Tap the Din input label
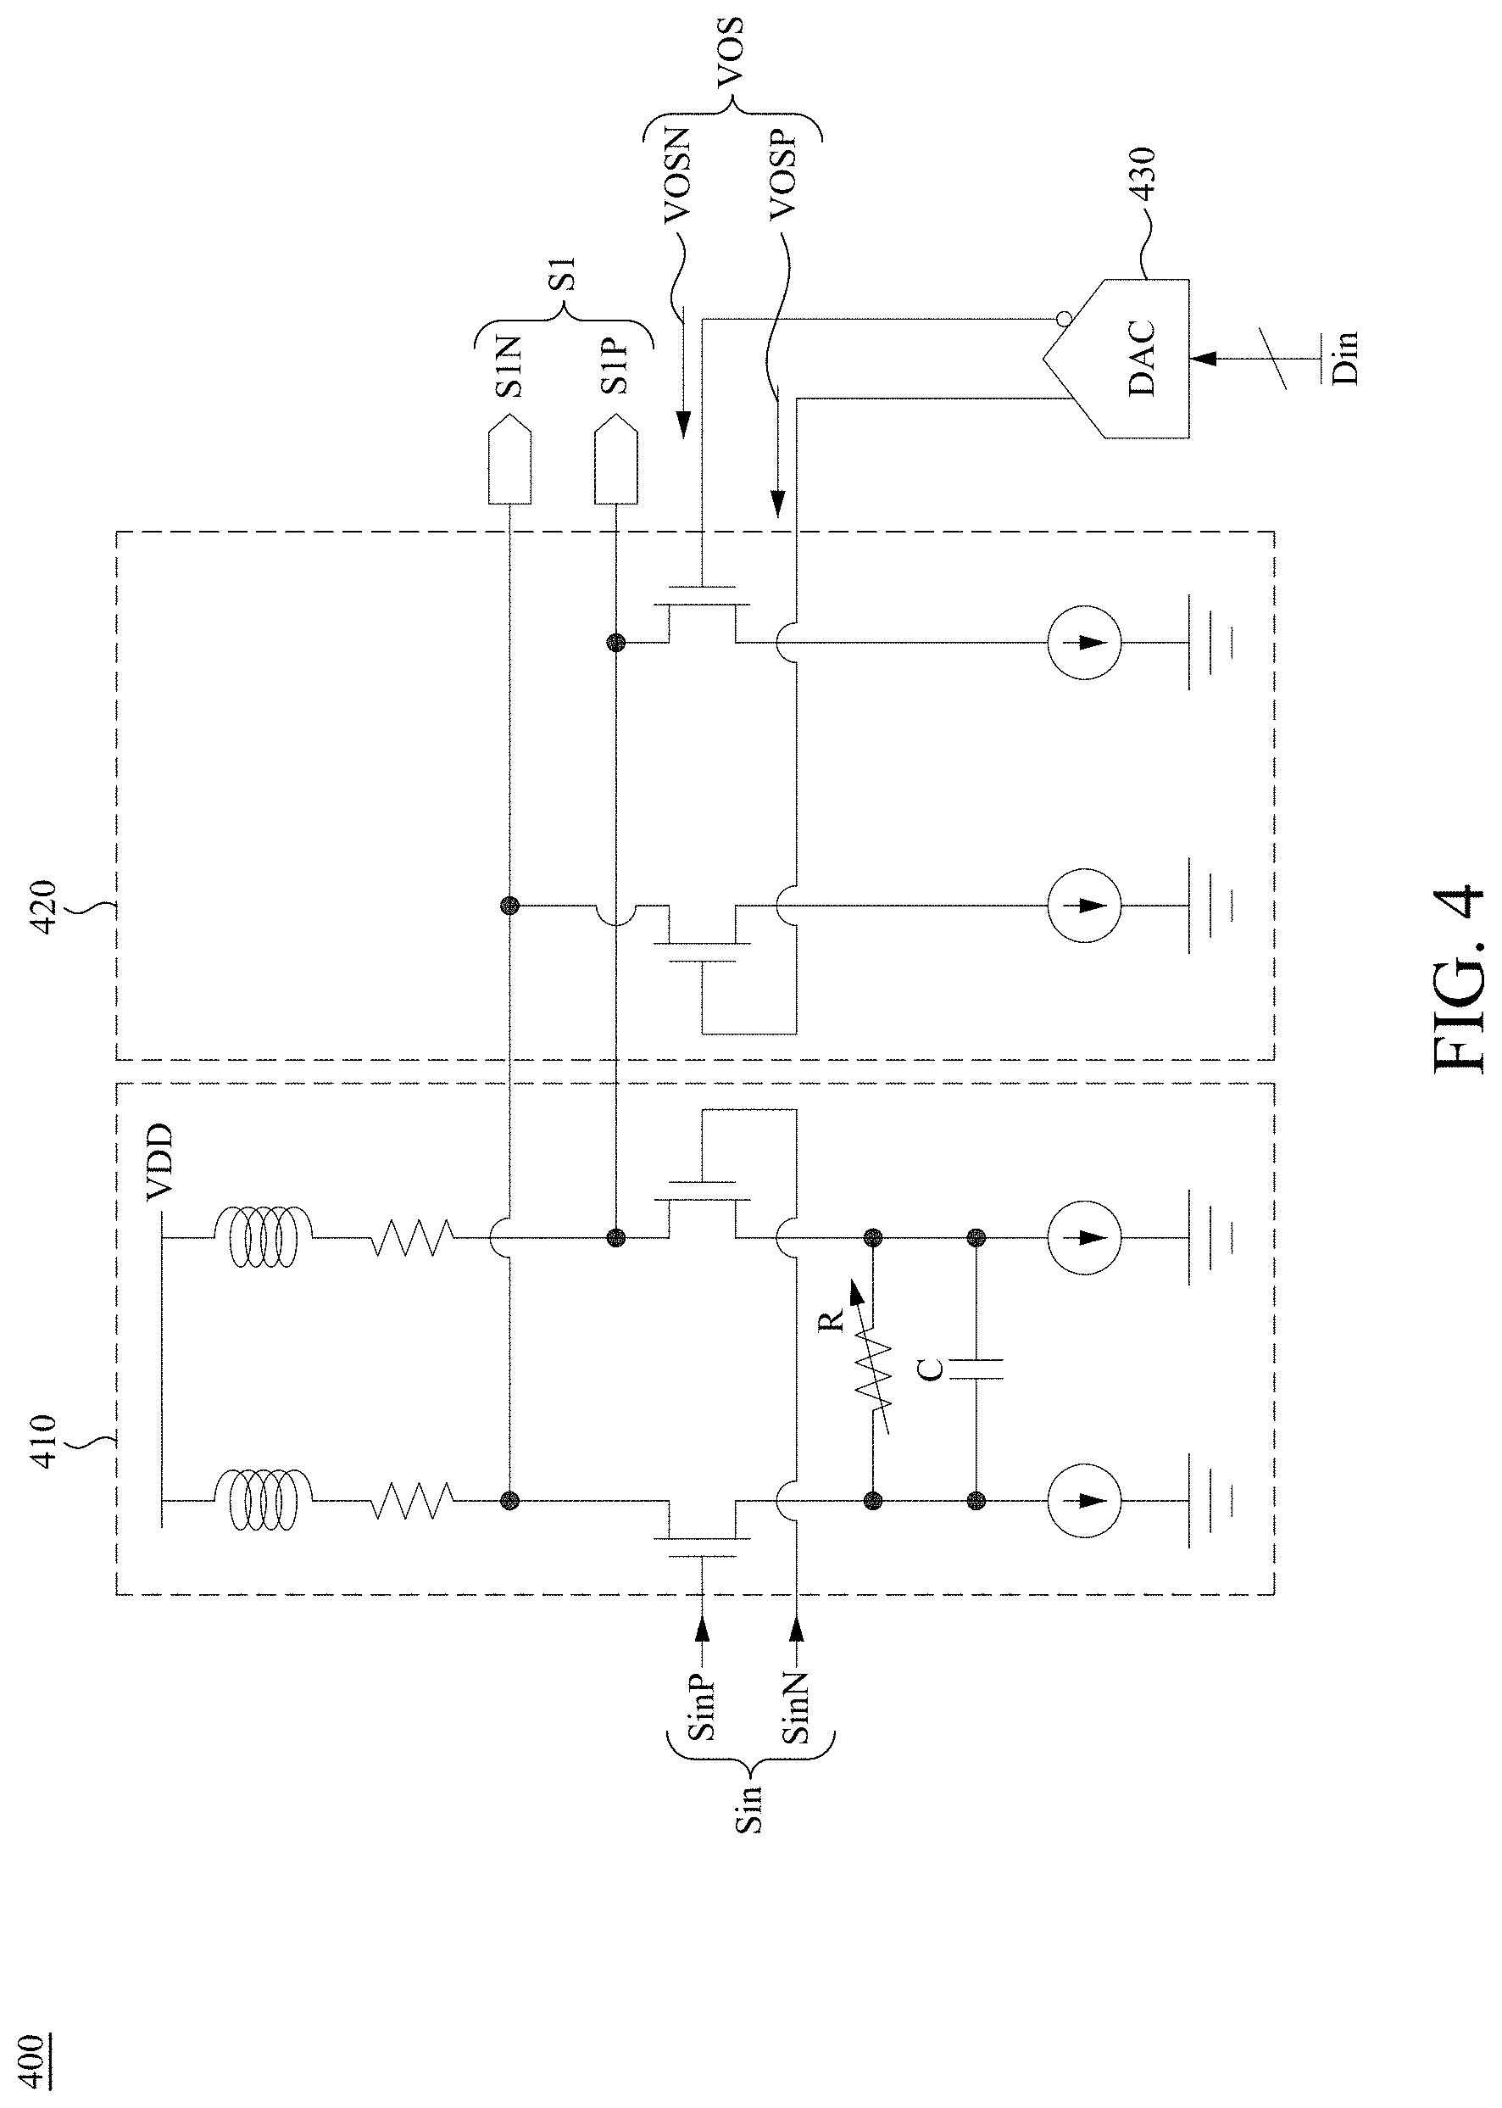pyautogui.click(x=1346, y=357)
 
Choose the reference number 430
pyautogui.click(x=1144, y=176)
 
